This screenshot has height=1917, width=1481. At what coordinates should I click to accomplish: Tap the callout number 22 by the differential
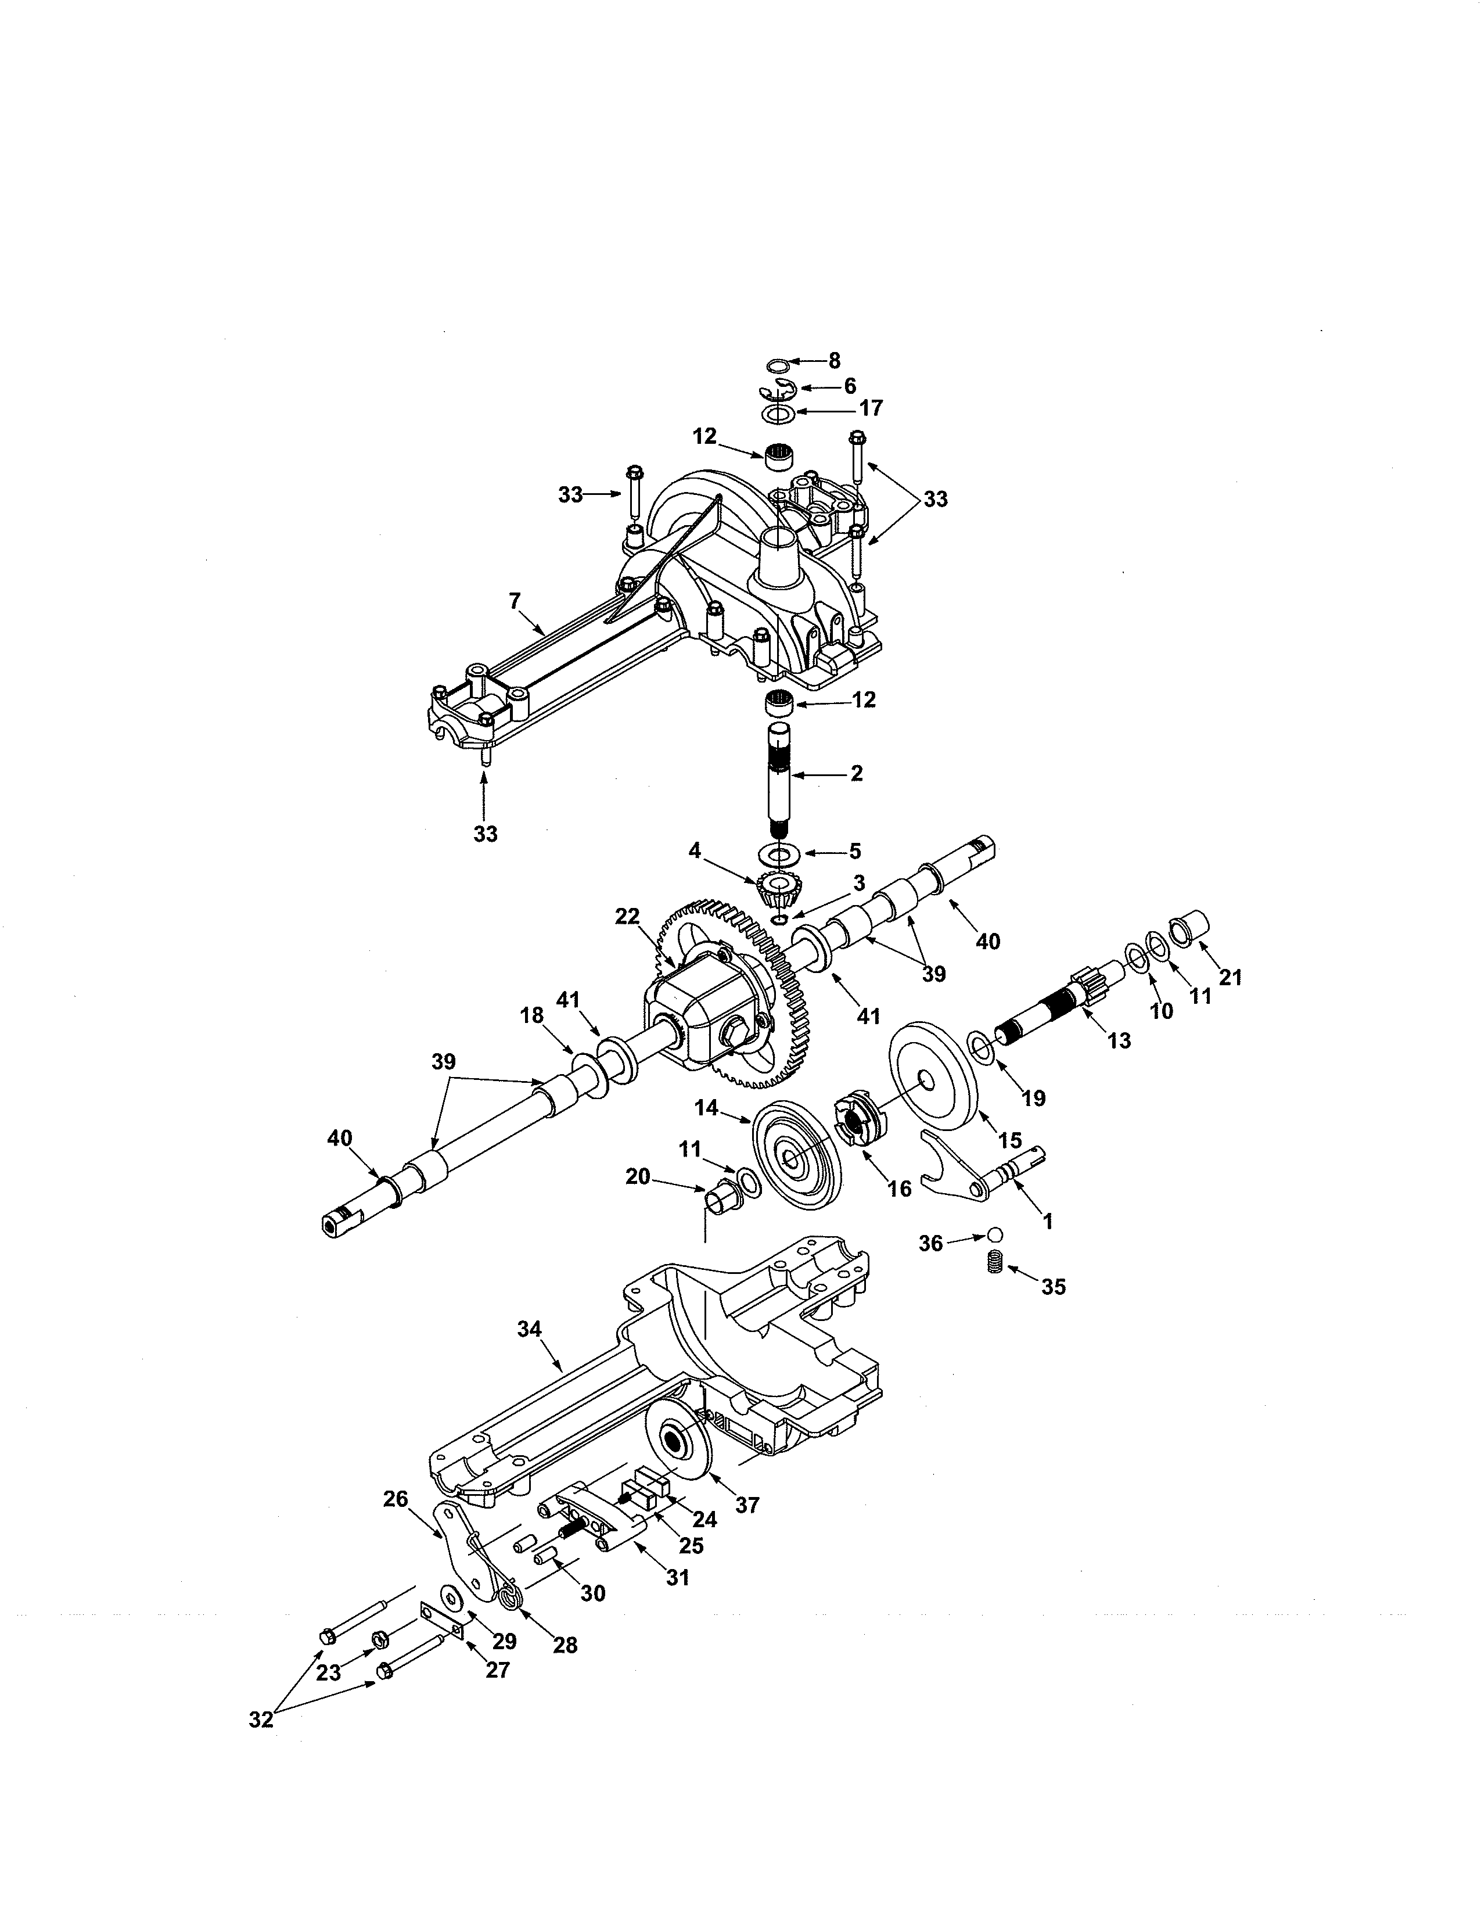click(x=627, y=916)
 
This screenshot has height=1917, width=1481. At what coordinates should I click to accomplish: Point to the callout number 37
click(x=747, y=1505)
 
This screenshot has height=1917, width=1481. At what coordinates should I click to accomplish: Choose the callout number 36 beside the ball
click(x=931, y=1243)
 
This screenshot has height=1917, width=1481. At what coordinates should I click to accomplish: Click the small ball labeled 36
click(x=993, y=1233)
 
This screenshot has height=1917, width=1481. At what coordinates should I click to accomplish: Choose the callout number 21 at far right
click(x=1230, y=977)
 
